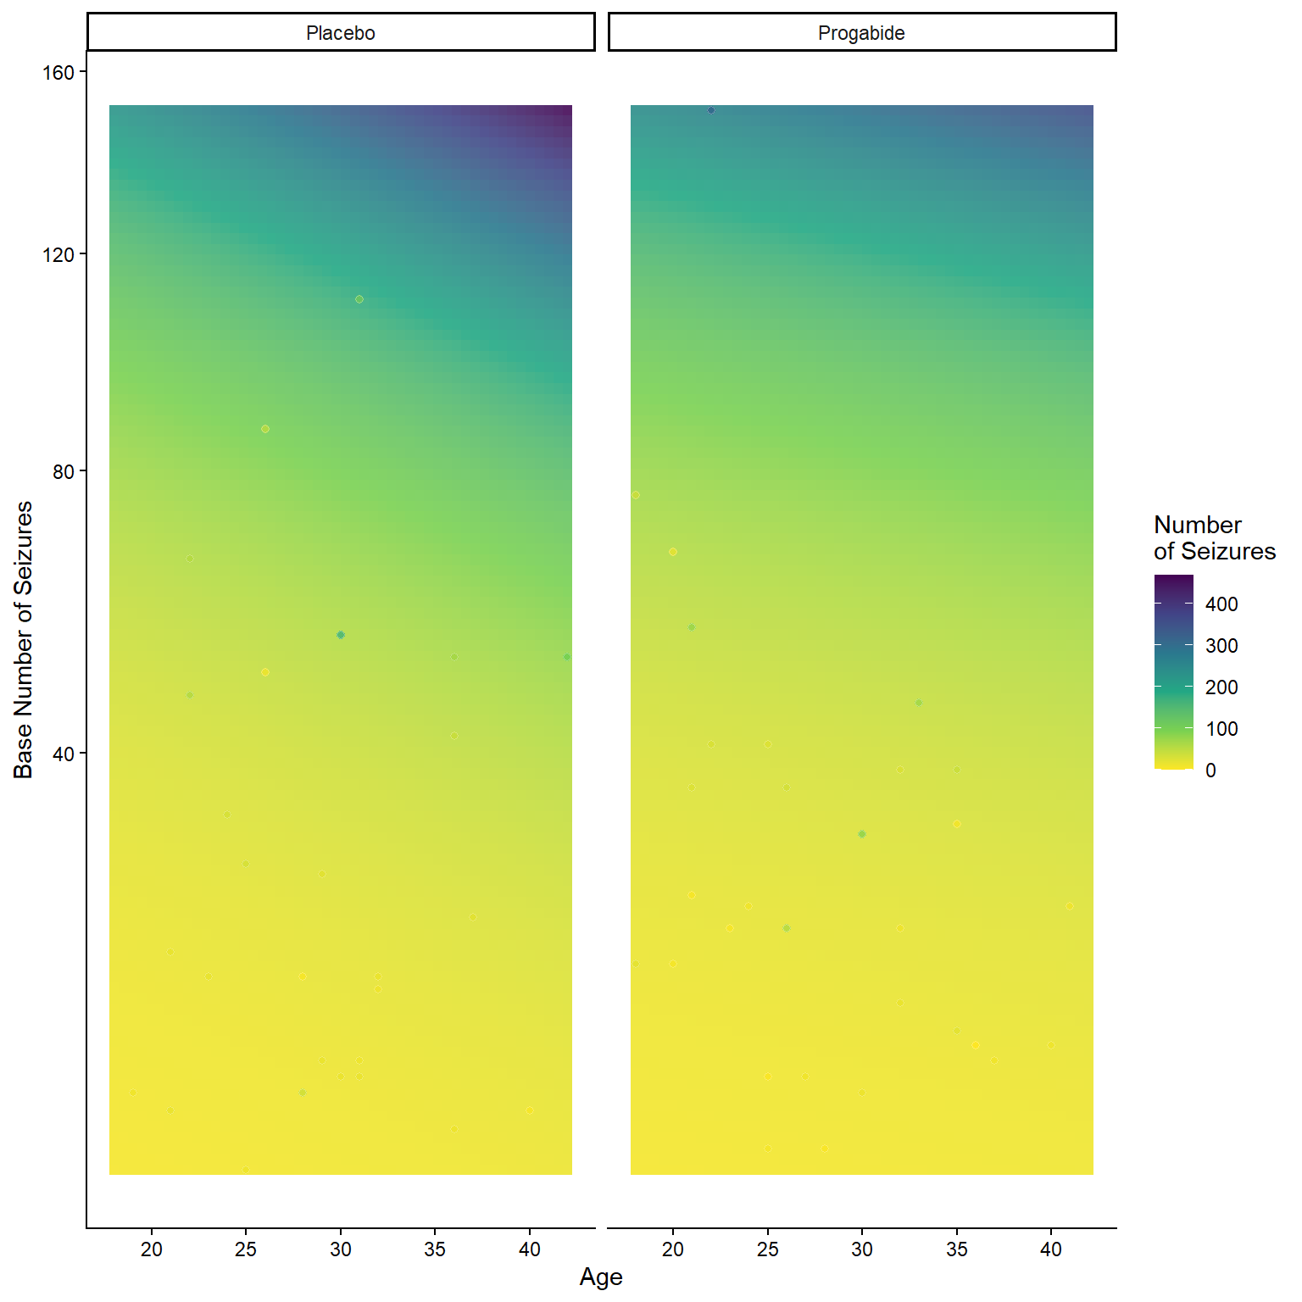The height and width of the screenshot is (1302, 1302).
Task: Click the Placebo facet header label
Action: [x=340, y=33]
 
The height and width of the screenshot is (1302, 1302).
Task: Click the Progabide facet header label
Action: [x=861, y=33]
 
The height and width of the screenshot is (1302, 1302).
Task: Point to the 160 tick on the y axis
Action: [x=58, y=73]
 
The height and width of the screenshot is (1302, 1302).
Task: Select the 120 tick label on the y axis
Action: [x=58, y=254]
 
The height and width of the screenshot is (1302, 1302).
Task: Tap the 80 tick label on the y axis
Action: [x=64, y=471]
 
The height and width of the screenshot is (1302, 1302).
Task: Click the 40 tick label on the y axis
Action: [x=64, y=754]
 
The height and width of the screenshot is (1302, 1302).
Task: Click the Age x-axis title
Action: [x=601, y=1277]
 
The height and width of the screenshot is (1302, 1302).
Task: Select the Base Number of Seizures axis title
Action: [x=23, y=639]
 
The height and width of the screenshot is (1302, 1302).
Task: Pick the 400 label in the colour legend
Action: [x=1221, y=604]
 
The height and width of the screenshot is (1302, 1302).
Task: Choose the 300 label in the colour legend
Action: [x=1221, y=646]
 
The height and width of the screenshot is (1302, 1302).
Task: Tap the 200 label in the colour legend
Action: [x=1221, y=687]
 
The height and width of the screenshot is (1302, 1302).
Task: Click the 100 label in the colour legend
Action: [x=1221, y=729]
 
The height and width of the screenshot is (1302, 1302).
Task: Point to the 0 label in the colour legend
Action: [x=1210, y=771]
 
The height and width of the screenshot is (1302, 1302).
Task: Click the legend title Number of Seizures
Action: [x=1214, y=537]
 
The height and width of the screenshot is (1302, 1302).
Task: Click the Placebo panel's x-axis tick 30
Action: [x=341, y=1249]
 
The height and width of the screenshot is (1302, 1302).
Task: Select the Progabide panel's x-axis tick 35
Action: [x=957, y=1249]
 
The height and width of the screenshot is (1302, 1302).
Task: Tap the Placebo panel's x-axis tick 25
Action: [x=246, y=1249]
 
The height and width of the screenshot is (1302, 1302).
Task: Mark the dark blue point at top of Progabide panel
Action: [x=711, y=110]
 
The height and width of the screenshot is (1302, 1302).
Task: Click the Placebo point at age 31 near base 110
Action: [x=359, y=299]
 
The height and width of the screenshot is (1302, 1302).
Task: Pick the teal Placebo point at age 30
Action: [x=341, y=635]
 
